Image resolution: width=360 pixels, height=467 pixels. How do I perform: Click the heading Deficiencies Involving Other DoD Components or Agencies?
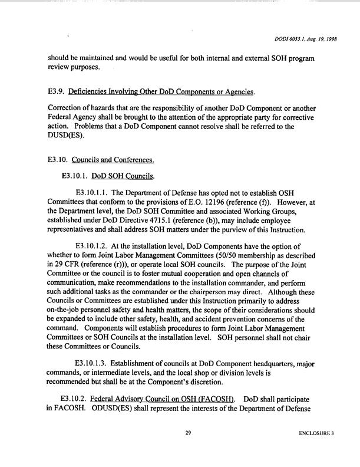click(x=161, y=91)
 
